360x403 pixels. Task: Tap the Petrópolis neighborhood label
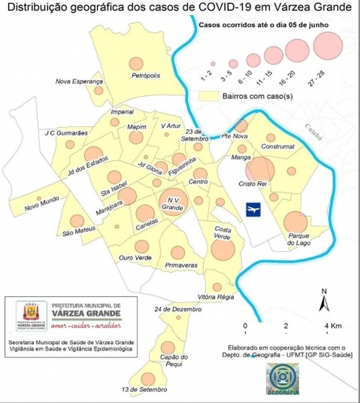click(x=146, y=75)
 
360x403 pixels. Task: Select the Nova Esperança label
click(x=78, y=81)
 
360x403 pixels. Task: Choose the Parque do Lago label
click(x=299, y=239)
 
